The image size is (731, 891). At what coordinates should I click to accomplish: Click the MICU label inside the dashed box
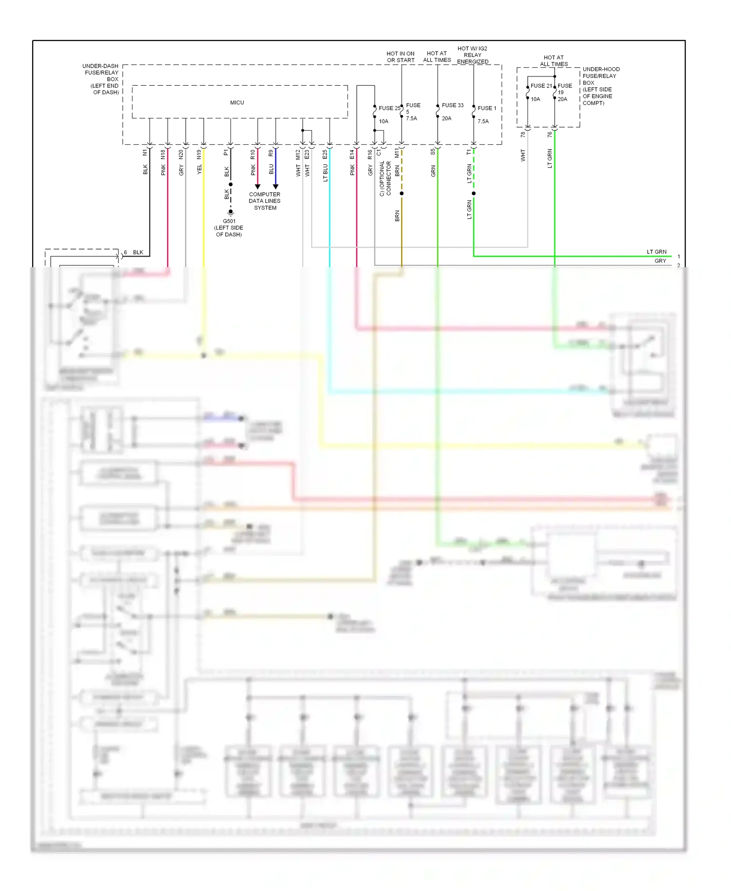[237, 103]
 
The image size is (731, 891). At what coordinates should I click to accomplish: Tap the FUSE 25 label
[389, 108]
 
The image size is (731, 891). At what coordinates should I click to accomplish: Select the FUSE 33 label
[452, 105]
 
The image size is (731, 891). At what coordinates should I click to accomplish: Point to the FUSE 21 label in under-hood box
[541, 86]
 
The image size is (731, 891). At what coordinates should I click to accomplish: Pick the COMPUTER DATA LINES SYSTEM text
[265, 201]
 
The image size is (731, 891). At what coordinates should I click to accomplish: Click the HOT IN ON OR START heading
[401, 57]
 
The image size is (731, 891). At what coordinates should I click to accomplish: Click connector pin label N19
[199, 155]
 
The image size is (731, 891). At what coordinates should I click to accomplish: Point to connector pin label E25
[325, 155]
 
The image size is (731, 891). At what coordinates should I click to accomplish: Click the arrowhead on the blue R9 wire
[275, 187]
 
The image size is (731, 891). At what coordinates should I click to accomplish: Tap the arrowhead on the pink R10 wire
[258, 187]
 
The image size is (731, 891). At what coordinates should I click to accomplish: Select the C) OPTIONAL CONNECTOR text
[385, 178]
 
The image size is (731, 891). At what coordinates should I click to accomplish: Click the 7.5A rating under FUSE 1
[483, 121]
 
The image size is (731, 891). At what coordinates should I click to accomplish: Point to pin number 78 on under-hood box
[523, 134]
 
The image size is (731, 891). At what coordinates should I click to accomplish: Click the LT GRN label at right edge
[656, 252]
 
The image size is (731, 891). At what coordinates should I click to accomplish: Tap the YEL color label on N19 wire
[199, 170]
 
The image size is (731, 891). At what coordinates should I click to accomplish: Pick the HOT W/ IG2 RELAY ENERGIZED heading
[472, 55]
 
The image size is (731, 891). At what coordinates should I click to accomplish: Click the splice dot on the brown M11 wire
[402, 194]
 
